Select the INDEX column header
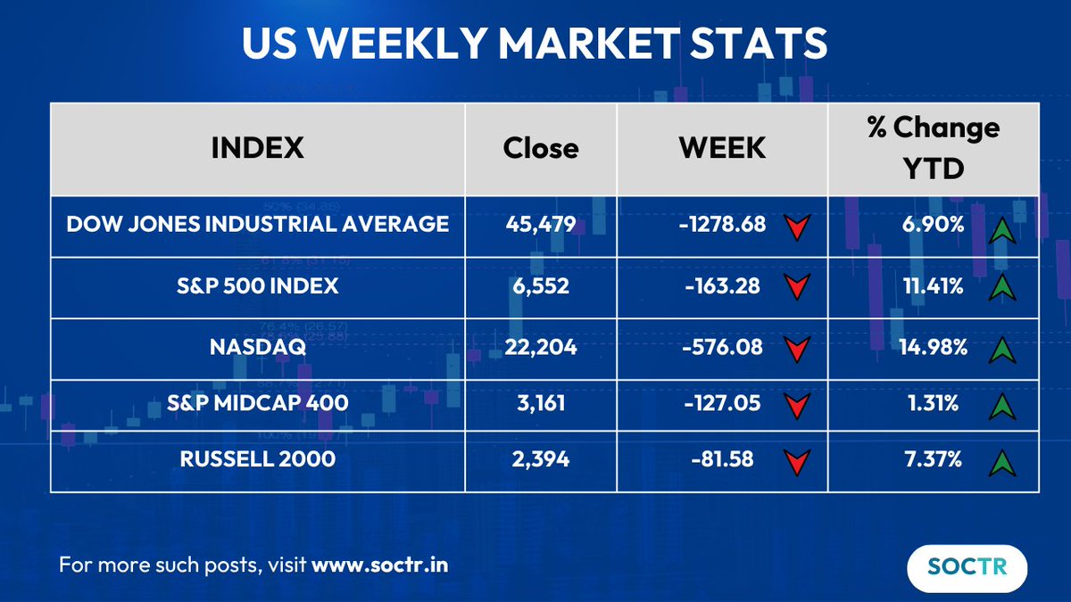pos(257,147)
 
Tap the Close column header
pos(540,147)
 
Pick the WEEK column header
pos(722,147)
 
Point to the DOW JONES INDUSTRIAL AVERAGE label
pos(258,224)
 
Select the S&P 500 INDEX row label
pos(258,286)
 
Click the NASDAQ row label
pos(258,347)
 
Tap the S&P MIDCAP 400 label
pos(258,403)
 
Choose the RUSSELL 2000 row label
pos(258,460)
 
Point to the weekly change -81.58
pos(723,460)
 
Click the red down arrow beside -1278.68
pos(798,227)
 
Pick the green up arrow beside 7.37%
pos(1004,462)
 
